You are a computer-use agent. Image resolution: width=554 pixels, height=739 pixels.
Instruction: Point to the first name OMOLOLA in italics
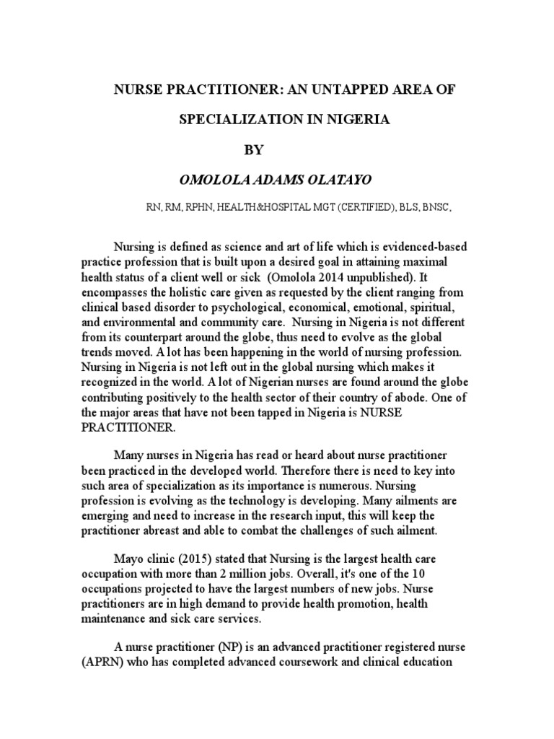[205, 180]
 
